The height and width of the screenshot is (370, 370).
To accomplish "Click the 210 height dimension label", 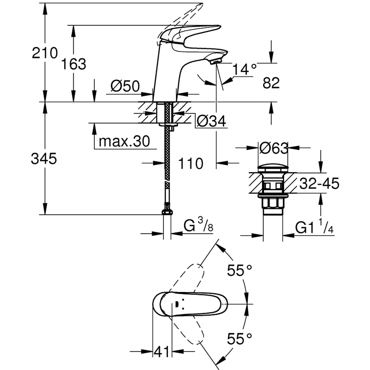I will coord(44,53).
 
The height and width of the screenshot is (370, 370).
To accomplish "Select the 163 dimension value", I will coord(74,64).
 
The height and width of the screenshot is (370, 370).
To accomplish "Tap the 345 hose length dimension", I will coord(44,159).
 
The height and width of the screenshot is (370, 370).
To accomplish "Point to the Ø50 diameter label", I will coord(125,87).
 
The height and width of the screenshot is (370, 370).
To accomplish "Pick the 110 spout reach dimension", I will coord(191,163).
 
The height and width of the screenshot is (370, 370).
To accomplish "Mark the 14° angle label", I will coord(245,68).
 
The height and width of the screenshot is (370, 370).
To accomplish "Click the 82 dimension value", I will coord(271,83).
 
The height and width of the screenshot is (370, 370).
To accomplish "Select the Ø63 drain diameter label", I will coord(274,149).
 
